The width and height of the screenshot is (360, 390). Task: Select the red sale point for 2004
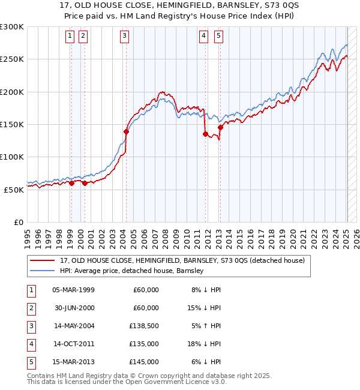tap(126, 131)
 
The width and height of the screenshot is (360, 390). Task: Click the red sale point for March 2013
tap(220, 127)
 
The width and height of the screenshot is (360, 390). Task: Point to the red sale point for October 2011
tap(205, 134)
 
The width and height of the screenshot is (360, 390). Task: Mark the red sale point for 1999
tap(71, 183)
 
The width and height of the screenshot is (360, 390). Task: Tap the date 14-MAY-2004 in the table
tap(73, 325)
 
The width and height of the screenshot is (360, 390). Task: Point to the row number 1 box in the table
tap(30, 290)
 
